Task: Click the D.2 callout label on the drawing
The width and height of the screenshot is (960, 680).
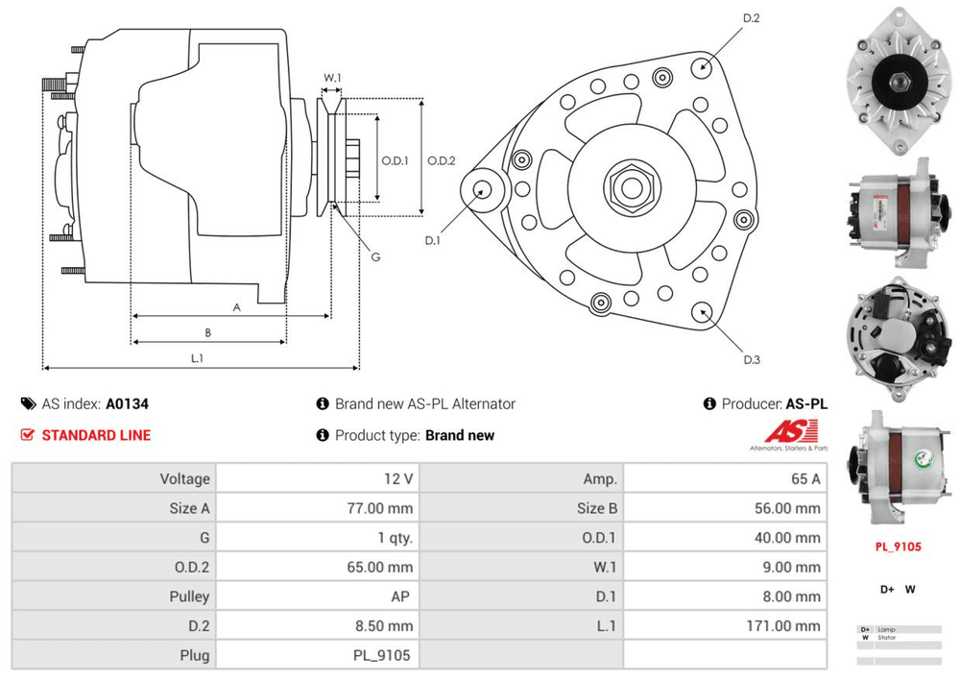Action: [x=751, y=18]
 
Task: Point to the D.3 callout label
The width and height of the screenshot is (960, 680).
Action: [x=752, y=360]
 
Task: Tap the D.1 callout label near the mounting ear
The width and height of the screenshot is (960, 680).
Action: [x=433, y=240]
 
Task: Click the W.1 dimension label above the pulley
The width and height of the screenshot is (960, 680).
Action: [x=332, y=78]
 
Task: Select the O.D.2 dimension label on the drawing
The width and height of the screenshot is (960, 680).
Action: [x=441, y=160]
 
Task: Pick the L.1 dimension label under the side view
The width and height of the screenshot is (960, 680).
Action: [x=196, y=358]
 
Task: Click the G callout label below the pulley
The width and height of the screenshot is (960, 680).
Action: [x=375, y=256]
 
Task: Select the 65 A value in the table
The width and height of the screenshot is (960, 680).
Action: [x=804, y=478]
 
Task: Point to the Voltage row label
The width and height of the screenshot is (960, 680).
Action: [x=185, y=478]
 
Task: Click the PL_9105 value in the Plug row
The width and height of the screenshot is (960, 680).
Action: [x=382, y=655]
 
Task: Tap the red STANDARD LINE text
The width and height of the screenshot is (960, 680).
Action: [x=96, y=435]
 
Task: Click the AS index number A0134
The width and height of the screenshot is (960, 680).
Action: [x=128, y=404]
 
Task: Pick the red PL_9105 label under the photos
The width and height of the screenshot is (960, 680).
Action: [x=898, y=546]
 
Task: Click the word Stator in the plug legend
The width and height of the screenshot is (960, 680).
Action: [x=886, y=637]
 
